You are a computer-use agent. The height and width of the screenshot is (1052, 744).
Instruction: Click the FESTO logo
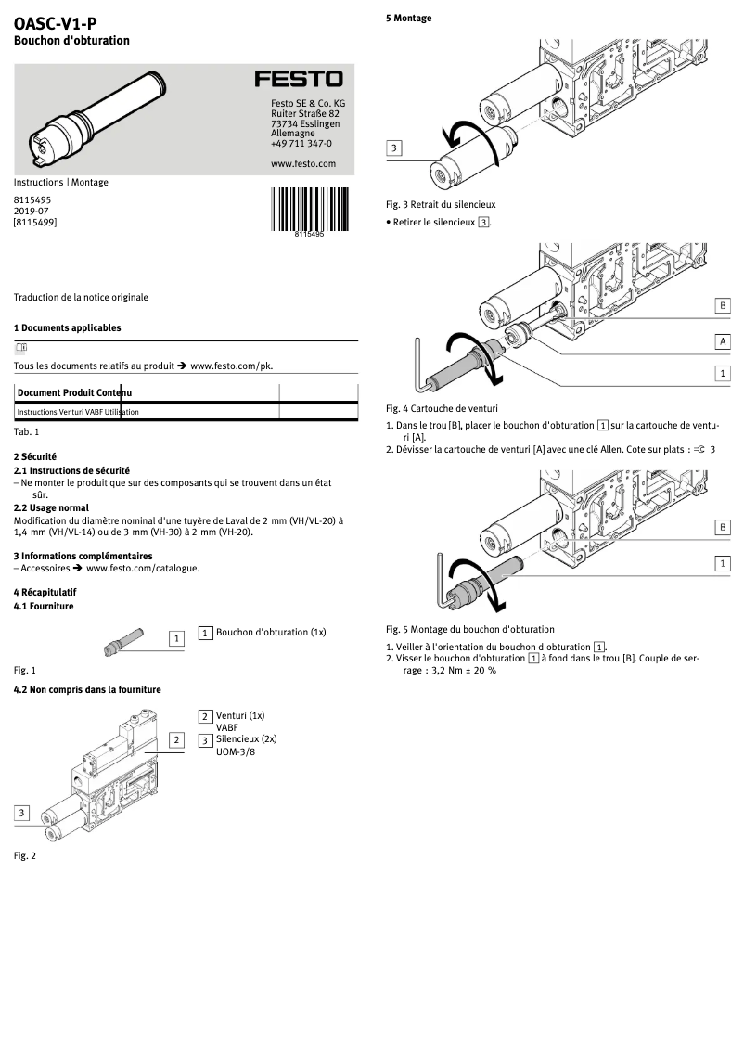coord(299,80)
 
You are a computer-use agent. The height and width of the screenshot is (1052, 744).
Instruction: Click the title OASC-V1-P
coord(55,25)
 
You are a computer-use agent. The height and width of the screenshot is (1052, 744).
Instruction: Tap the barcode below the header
coord(310,209)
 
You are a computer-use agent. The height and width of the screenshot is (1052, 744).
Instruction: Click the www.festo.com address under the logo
coord(303,163)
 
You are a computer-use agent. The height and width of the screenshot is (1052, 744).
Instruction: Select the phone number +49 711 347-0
coord(301,144)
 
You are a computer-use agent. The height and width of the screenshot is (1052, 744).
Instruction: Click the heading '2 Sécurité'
coord(35,457)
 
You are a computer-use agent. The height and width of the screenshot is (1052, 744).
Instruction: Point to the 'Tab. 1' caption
coord(27,432)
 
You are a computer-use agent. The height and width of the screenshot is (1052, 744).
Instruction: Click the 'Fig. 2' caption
coord(25,855)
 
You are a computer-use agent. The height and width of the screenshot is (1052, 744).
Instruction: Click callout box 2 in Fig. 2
coord(175,740)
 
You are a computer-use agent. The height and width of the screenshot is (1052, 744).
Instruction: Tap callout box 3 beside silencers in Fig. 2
coord(21,813)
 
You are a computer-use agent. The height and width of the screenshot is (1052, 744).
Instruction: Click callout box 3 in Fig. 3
coord(394,148)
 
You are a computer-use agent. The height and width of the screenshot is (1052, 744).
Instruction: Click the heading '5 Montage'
coord(409,19)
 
